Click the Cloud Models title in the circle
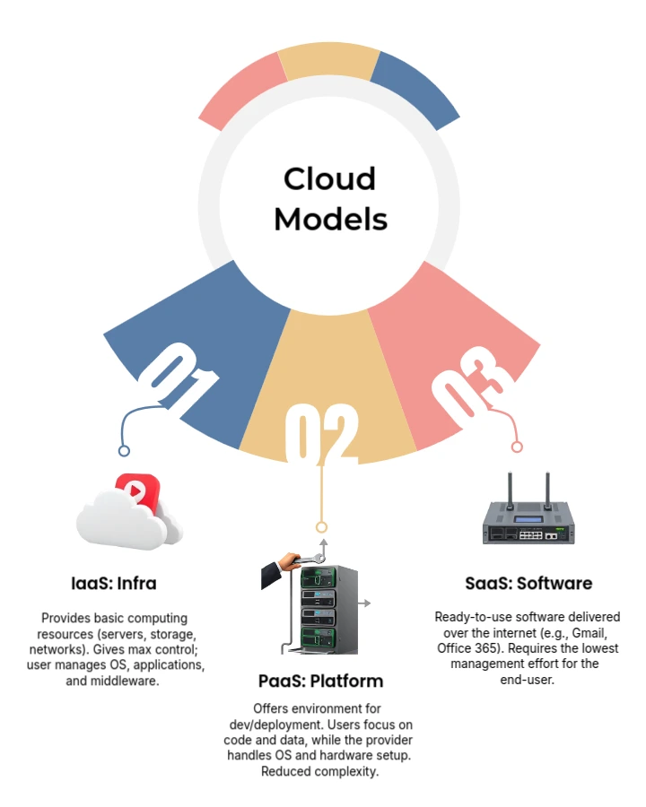[x=330, y=198]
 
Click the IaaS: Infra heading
[x=114, y=584]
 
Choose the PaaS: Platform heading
[x=320, y=681]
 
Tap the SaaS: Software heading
[x=528, y=584]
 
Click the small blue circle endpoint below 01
[x=124, y=451]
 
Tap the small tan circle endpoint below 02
[x=321, y=527]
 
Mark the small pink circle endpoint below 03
[x=516, y=447]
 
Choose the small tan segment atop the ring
[x=328, y=63]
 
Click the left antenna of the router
[x=509, y=490]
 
